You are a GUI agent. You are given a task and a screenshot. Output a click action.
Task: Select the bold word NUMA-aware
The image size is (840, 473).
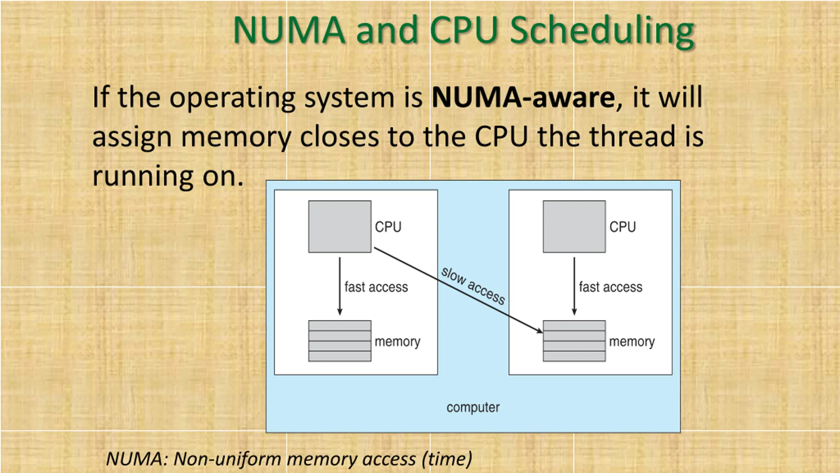(523, 98)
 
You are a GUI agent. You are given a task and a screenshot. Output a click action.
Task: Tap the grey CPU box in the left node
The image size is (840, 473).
(340, 227)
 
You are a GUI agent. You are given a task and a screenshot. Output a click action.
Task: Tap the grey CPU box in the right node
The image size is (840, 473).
(574, 227)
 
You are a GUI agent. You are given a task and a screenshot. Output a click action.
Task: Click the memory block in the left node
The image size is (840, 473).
(340, 341)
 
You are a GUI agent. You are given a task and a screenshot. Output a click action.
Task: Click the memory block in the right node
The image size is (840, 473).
(574, 341)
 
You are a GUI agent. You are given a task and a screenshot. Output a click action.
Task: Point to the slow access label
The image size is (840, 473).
(473, 286)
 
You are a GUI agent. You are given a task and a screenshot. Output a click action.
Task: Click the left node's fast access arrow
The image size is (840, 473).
(340, 286)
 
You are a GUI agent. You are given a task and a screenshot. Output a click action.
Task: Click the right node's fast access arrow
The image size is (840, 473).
(574, 286)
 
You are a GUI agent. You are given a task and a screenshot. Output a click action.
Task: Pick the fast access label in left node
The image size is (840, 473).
(376, 287)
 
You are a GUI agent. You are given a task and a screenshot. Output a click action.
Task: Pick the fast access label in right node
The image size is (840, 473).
(611, 287)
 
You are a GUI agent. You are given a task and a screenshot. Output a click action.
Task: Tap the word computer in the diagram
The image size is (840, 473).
(473, 408)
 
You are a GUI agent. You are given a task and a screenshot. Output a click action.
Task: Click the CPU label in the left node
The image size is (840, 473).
(388, 227)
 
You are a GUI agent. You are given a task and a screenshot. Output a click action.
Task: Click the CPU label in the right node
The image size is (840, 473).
(622, 227)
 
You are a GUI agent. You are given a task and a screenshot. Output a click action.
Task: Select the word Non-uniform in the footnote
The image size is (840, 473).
(227, 459)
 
